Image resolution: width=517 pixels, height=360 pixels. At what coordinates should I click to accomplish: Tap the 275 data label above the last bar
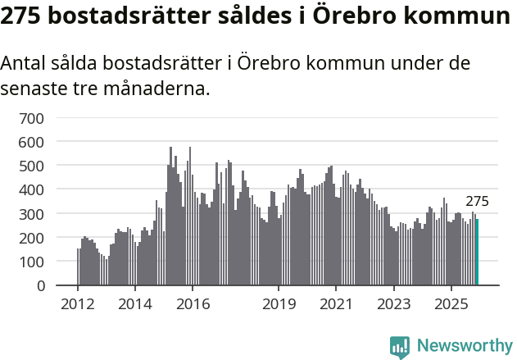(477, 202)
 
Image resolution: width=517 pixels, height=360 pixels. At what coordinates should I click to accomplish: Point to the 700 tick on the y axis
(31, 118)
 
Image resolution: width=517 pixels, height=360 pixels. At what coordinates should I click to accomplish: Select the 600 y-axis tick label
(31, 142)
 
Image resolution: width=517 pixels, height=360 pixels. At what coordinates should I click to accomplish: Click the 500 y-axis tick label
(31, 166)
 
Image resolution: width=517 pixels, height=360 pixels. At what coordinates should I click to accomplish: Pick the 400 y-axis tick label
(31, 189)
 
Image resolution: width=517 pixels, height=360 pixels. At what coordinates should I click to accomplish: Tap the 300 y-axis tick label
(31, 214)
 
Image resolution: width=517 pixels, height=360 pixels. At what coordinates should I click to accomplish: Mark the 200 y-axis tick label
(31, 238)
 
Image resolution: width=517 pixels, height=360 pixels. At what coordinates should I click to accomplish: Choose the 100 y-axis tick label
(31, 262)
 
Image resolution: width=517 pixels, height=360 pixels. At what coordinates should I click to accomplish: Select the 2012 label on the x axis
(78, 305)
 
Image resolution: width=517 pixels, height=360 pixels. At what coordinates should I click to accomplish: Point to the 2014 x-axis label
(135, 305)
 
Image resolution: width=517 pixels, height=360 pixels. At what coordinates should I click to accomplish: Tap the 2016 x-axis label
(193, 305)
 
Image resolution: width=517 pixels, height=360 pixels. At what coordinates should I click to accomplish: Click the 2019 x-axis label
(279, 305)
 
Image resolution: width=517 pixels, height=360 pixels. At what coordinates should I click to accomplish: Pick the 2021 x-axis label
(336, 305)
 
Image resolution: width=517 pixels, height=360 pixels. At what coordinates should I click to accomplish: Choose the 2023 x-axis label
(393, 305)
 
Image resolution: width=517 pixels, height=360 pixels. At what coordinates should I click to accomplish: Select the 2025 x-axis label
(451, 305)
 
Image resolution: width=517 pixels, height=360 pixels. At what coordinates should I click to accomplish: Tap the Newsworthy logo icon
(400, 346)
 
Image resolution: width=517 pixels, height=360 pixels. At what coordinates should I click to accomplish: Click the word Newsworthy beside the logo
(464, 346)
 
